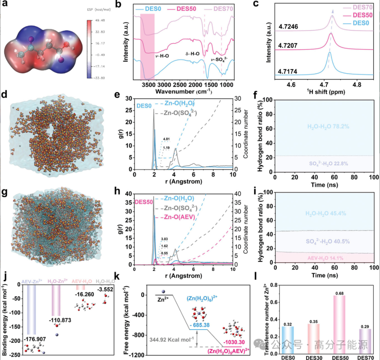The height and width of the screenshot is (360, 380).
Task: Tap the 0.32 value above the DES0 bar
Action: click(287, 323)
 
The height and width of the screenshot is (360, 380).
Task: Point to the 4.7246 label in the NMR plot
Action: click(289, 26)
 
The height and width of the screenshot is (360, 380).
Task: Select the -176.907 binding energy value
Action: click(36, 339)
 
